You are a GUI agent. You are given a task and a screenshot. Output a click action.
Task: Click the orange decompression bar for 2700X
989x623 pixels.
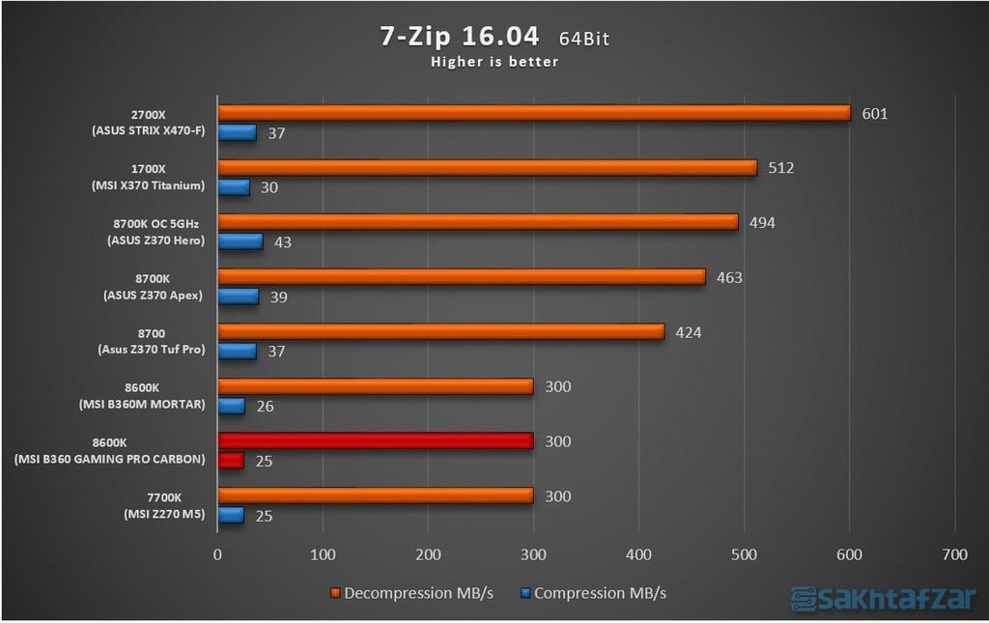(533, 113)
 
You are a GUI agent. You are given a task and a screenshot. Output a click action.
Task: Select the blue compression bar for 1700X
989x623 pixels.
(234, 186)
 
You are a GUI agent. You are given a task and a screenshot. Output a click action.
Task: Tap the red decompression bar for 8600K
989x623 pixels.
(375, 440)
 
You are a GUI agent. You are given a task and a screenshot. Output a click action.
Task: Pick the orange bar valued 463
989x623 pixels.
(461, 277)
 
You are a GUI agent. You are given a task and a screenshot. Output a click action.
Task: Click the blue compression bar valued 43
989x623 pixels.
(240, 241)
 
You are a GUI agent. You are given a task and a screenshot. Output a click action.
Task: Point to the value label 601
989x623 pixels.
(875, 114)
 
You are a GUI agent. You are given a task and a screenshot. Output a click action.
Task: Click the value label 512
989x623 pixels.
(780, 168)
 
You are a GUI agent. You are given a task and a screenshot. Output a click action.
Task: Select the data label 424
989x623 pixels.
(689, 333)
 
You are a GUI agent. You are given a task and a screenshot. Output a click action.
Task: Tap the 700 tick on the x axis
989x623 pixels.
(954, 555)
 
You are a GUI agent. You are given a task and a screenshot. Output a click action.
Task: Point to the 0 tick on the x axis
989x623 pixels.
(217, 555)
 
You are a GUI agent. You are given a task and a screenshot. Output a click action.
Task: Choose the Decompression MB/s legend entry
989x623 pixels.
(411, 592)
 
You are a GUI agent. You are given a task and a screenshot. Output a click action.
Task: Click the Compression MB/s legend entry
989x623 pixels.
(593, 592)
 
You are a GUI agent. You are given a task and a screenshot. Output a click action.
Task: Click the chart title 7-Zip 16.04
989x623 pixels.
(459, 38)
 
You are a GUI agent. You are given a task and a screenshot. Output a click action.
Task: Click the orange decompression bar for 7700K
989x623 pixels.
(375, 496)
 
